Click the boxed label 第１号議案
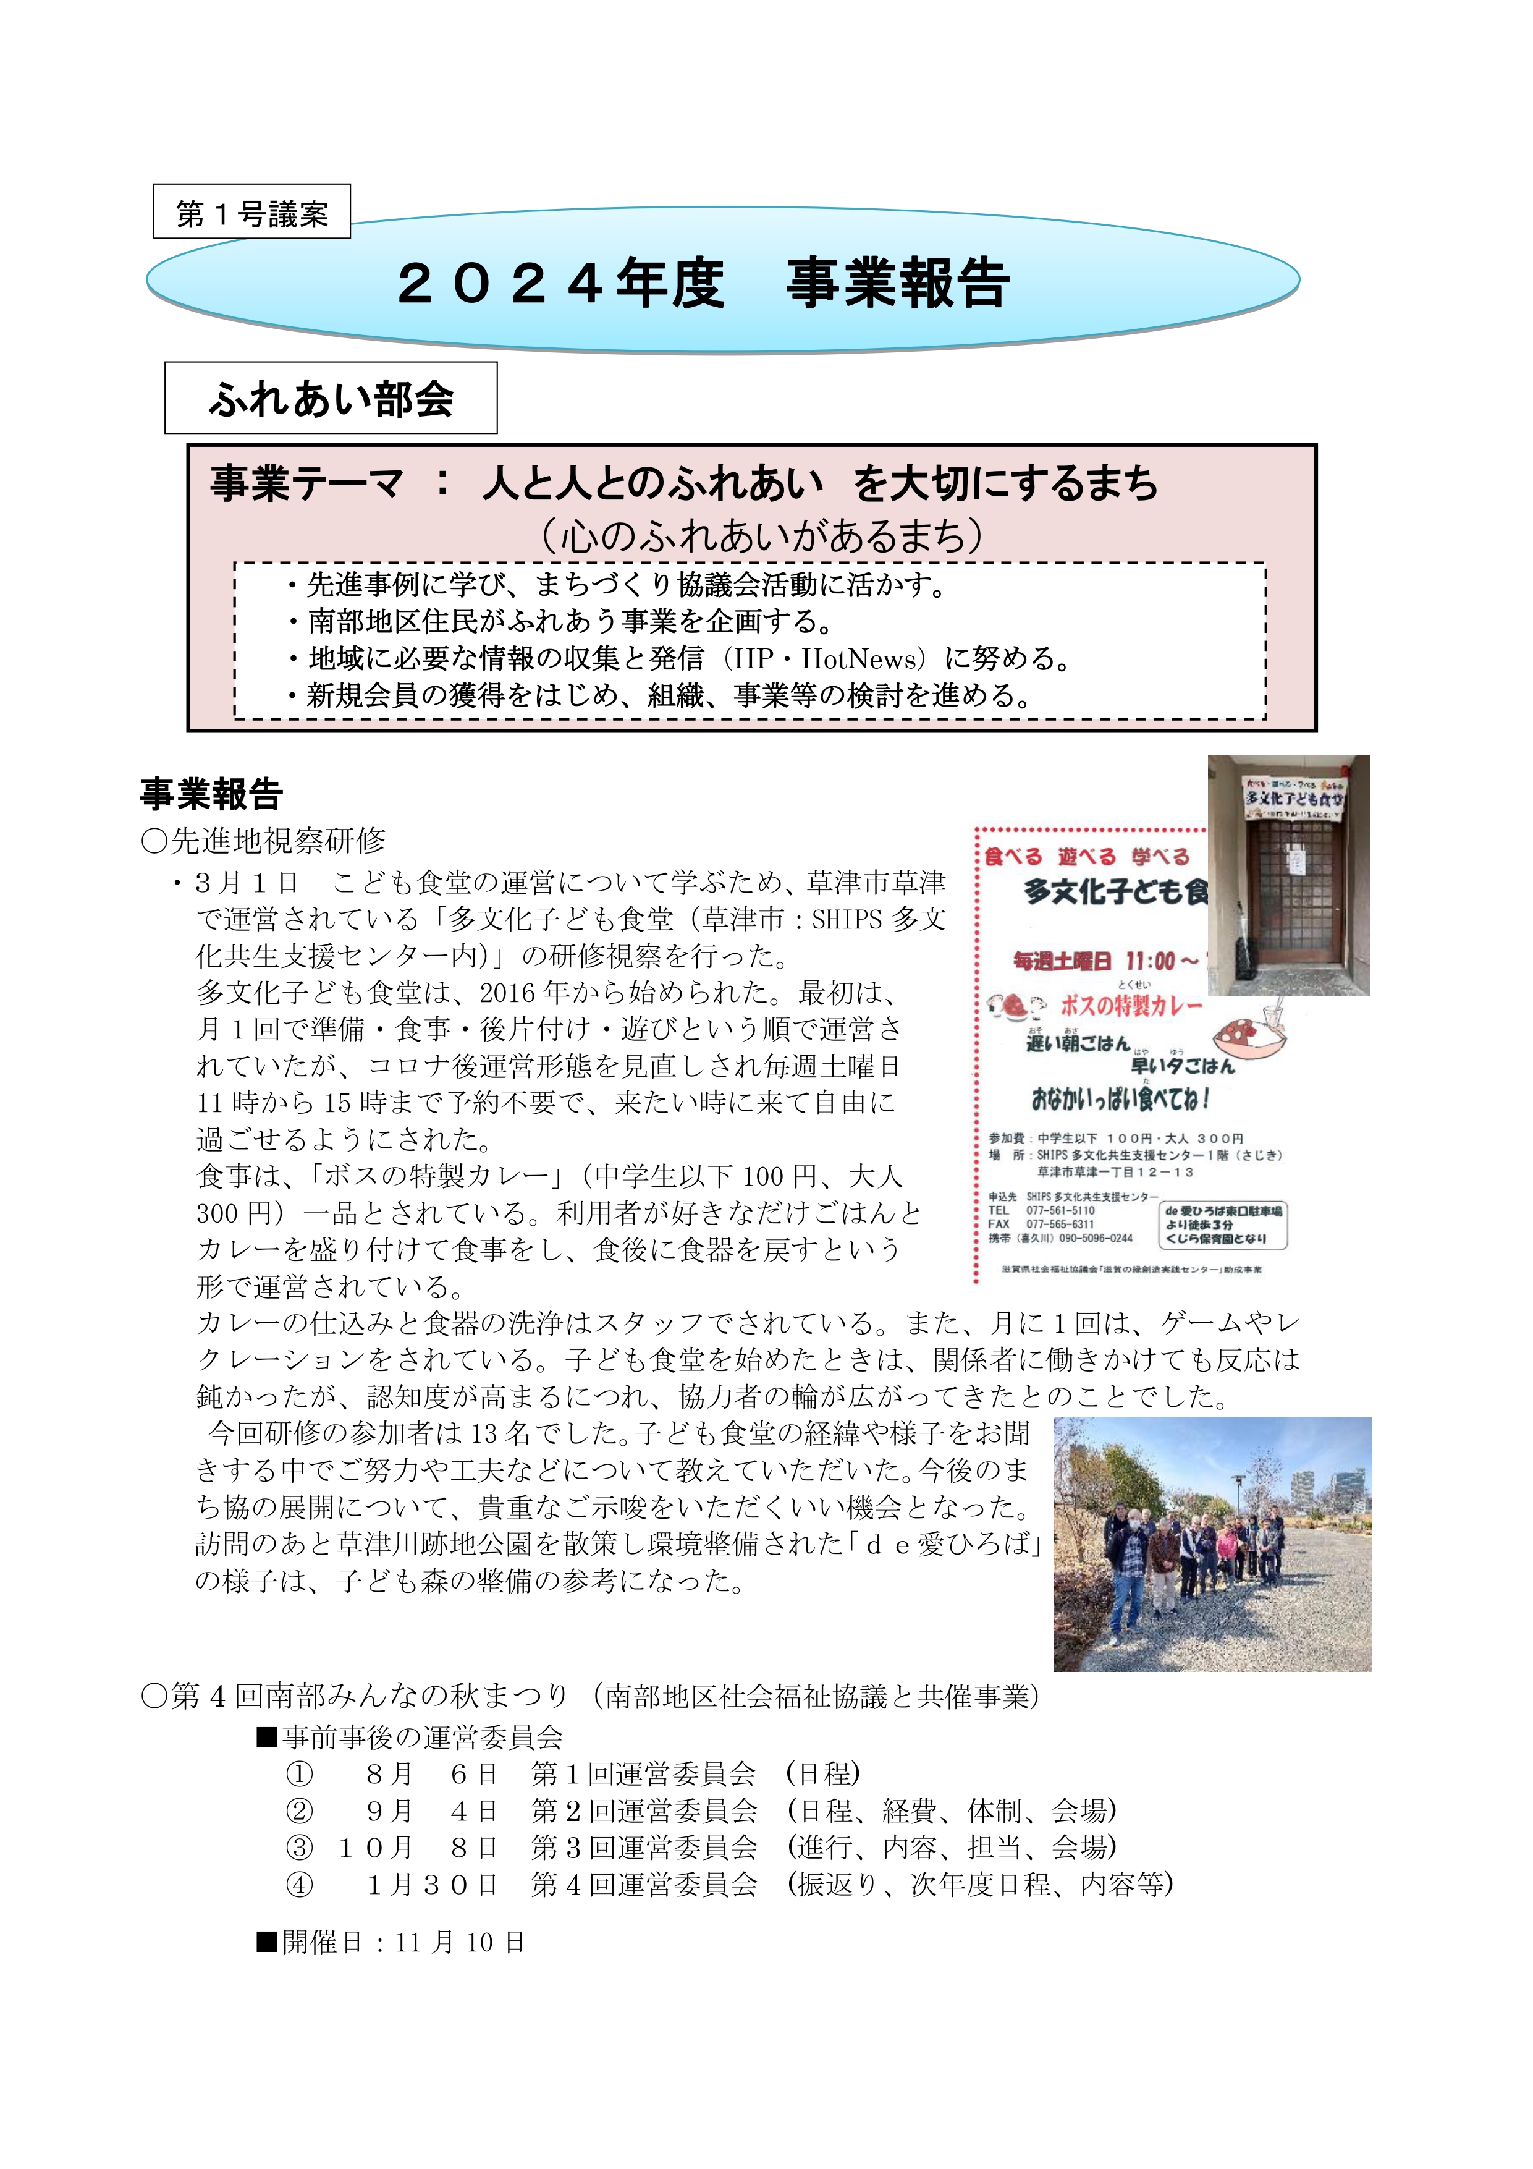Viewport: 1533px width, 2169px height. point(251,213)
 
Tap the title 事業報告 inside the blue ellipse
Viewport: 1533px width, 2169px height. point(897,282)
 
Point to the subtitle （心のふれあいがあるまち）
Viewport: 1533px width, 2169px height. point(762,536)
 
